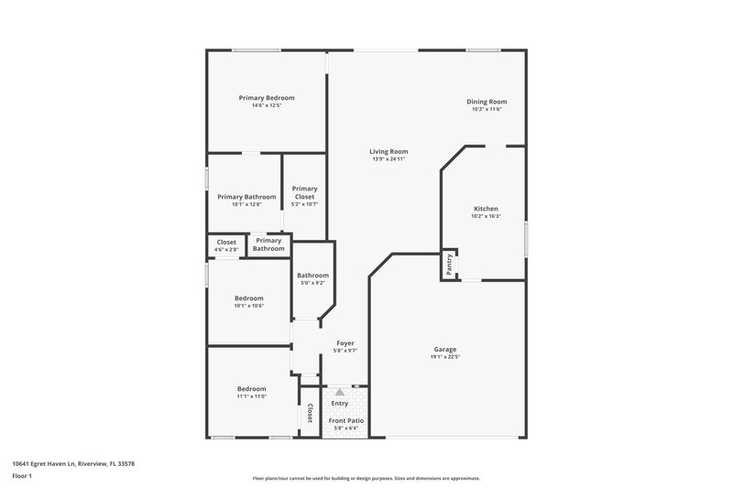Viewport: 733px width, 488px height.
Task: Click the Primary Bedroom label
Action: click(267, 98)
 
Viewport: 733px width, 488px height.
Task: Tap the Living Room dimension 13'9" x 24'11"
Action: click(388, 159)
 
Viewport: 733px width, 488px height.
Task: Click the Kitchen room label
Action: click(486, 209)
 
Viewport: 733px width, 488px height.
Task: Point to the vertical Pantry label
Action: click(449, 264)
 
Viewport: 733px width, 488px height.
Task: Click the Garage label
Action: click(445, 349)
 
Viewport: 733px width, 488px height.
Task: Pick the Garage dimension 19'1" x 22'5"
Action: click(445, 357)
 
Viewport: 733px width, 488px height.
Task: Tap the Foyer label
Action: click(345, 343)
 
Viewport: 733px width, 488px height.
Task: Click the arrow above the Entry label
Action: click(340, 392)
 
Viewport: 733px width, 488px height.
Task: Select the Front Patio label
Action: click(346, 420)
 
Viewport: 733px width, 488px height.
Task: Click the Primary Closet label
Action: click(304, 192)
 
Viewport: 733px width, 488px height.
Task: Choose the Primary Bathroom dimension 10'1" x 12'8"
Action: click(246, 204)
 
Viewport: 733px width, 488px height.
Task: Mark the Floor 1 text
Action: click(22, 477)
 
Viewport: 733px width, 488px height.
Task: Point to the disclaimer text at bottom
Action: click(366, 478)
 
